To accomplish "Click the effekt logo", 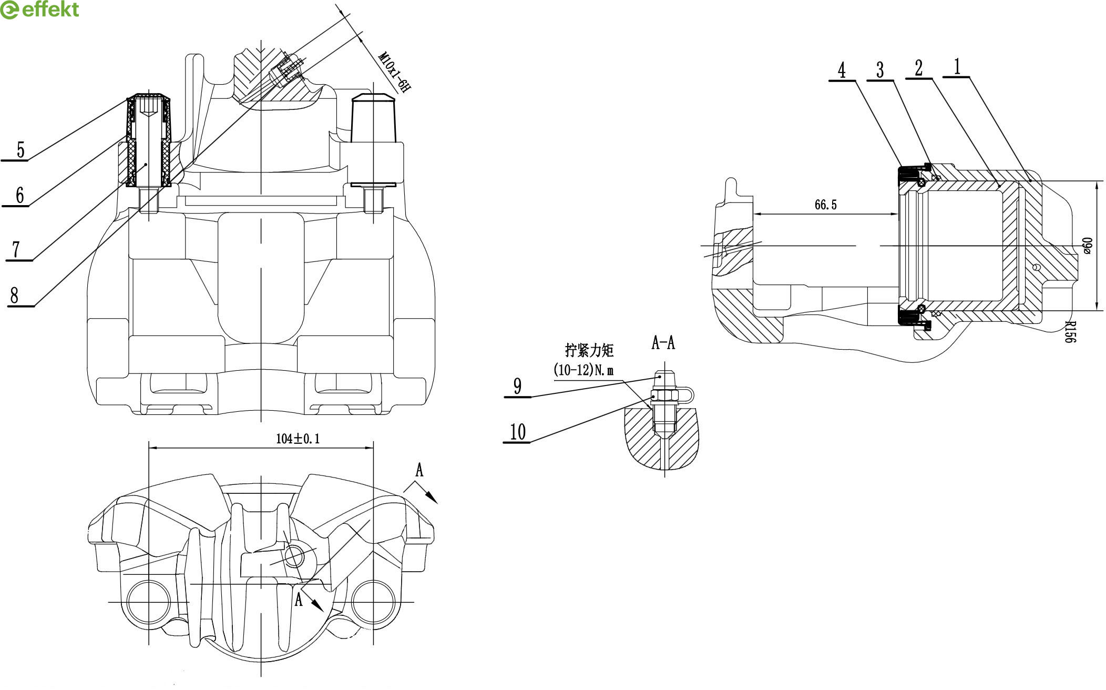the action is tap(39, 10).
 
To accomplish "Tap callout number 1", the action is tap(957, 67).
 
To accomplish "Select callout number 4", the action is tap(842, 69).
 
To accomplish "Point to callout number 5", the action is tap(21, 150).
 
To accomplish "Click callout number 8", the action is tap(14, 296).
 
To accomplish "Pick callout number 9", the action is tap(518, 386).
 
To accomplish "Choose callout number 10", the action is tap(518, 432).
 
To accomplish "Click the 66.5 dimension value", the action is tap(825, 205).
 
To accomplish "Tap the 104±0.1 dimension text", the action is tap(298, 439).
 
